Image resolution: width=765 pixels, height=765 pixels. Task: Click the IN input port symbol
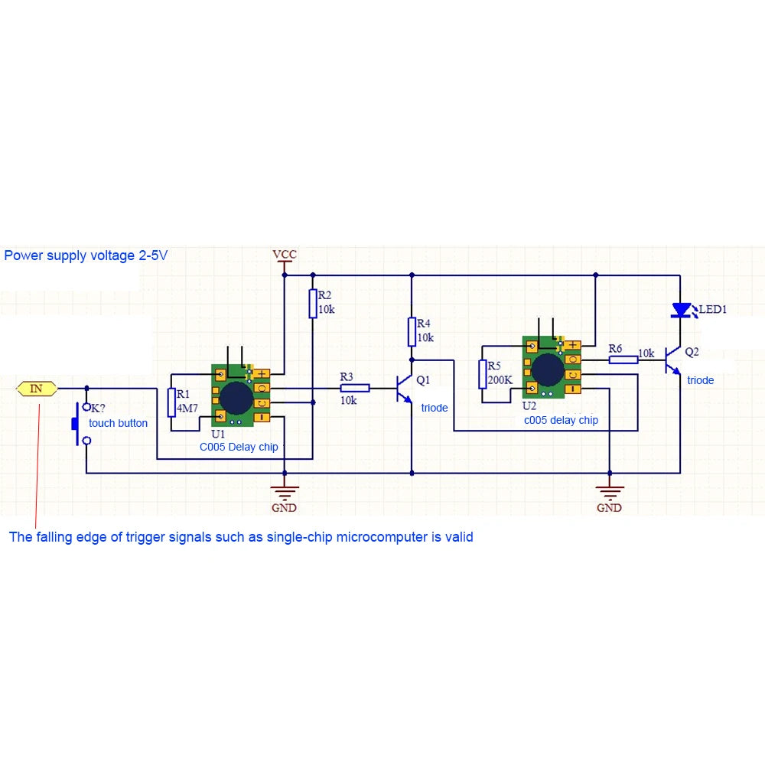pyautogui.click(x=37, y=389)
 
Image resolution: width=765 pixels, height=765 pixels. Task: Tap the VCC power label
pyautogui.click(x=284, y=254)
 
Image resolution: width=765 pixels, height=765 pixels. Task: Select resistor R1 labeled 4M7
pyautogui.click(x=171, y=402)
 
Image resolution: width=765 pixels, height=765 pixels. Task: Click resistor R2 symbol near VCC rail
pyautogui.click(x=313, y=303)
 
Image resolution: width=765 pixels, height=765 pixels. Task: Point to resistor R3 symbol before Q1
pyautogui.click(x=354, y=388)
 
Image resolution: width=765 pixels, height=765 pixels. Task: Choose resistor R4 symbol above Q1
pyautogui.click(x=412, y=331)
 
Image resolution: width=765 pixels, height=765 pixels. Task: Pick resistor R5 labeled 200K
pyautogui.click(x=483, y=374)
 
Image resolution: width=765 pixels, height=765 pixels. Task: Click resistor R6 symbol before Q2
pyautogui.click(x=623, y=359)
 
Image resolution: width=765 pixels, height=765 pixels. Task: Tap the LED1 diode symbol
pyautogui.click(x=680, y=310)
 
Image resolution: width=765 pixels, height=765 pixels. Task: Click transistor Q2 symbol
pyautogui.click(x=673, y=359)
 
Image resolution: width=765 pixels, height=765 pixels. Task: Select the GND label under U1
pyautogui.click(x=284, y=508)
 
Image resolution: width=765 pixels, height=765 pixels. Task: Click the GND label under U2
pyautogui.click(x=609, y=508)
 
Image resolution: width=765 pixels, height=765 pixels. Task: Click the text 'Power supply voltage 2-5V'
pyautogui.click(x=86, y=256)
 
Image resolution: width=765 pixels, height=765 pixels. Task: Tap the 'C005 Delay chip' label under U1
pyautogui.click(x=239, y=447)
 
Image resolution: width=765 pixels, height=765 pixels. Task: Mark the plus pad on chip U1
pyautogui.click(x=262, y=374)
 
